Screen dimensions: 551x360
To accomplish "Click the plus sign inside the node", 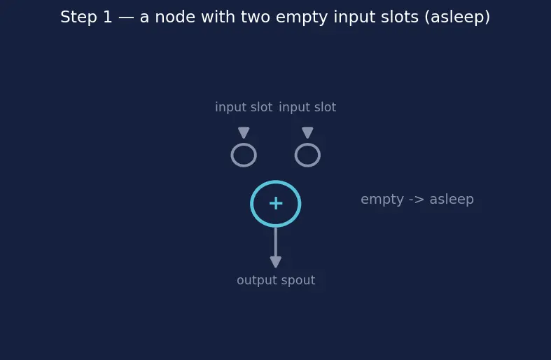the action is [276, 204].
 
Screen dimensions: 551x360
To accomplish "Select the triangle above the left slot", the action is [244, 132].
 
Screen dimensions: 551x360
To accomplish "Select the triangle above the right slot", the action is [307, 132].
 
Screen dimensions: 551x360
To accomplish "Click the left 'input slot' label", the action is [244, 107].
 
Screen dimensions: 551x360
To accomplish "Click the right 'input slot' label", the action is [307, 107].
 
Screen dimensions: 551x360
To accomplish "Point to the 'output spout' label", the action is [276, 281].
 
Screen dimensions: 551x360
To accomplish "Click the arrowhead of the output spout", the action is [276, 262].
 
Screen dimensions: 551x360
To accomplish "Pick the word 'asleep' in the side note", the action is [452, 200].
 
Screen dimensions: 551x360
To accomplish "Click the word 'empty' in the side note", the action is [382, 200].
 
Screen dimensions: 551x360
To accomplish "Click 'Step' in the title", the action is [78, 18].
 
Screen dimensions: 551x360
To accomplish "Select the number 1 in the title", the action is [108, 17].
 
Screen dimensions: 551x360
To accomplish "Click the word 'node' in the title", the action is [175, 17].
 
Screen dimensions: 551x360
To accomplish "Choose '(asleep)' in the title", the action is [457, 18].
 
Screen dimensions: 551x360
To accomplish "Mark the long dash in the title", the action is [126, 18].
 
